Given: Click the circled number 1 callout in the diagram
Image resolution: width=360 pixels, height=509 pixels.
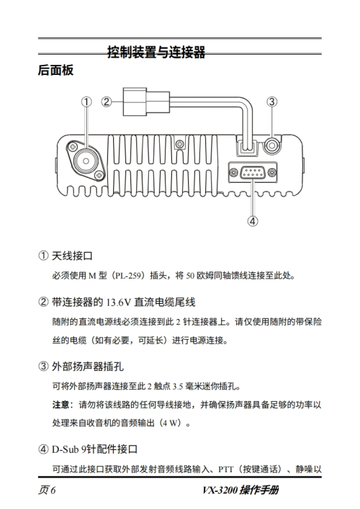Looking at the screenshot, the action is pos(86,102).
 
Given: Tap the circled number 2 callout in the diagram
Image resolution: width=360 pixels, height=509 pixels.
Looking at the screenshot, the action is pos(106,102).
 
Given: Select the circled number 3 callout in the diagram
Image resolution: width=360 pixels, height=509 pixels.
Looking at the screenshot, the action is pos(272,102).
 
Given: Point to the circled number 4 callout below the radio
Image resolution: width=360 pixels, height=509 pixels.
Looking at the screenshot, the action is pos(253,221).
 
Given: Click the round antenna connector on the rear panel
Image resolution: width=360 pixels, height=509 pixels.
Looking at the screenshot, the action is pos(86,161).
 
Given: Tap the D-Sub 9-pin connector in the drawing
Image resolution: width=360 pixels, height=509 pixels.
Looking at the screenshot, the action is pos(253,172).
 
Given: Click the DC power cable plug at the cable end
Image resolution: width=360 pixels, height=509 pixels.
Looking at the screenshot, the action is pos(146,102).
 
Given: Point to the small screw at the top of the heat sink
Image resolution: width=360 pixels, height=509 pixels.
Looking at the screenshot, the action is pos(179,143).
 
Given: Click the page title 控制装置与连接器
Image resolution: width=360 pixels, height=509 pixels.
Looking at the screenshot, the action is pos(156,52).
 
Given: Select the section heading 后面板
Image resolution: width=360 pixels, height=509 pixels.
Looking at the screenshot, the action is pos(56,70).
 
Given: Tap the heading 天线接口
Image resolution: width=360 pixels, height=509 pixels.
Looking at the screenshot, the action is pos(72,256).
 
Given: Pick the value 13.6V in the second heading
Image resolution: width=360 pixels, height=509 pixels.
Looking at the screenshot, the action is pos(119,302).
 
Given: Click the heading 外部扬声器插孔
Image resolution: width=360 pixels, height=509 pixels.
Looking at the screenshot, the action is pos(88,367).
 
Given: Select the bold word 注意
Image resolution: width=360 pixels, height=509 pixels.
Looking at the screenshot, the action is pos(60,405).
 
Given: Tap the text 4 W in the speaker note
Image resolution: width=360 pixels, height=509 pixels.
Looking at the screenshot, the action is pos(171,423).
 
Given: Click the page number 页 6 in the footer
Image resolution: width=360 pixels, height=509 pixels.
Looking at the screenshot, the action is pos(47,490).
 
